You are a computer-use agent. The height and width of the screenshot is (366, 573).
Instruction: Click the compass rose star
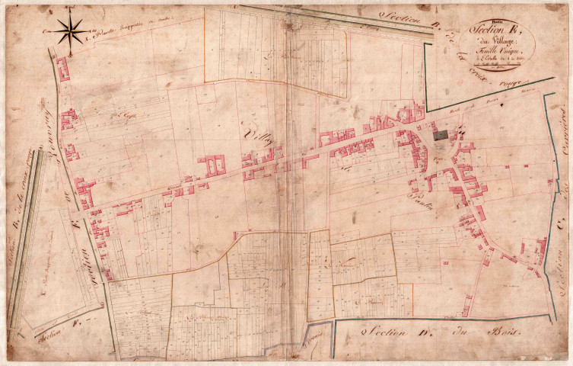(x=71, y=31)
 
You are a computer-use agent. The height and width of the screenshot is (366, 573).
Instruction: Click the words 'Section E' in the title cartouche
(x=499, y=27)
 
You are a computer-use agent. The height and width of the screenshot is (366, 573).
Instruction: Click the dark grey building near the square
(x=441, y=135)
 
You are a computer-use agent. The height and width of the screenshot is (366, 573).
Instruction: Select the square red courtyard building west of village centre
(x=212, y=165)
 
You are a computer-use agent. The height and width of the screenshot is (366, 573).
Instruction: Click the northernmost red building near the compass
(x=62, y=69)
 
